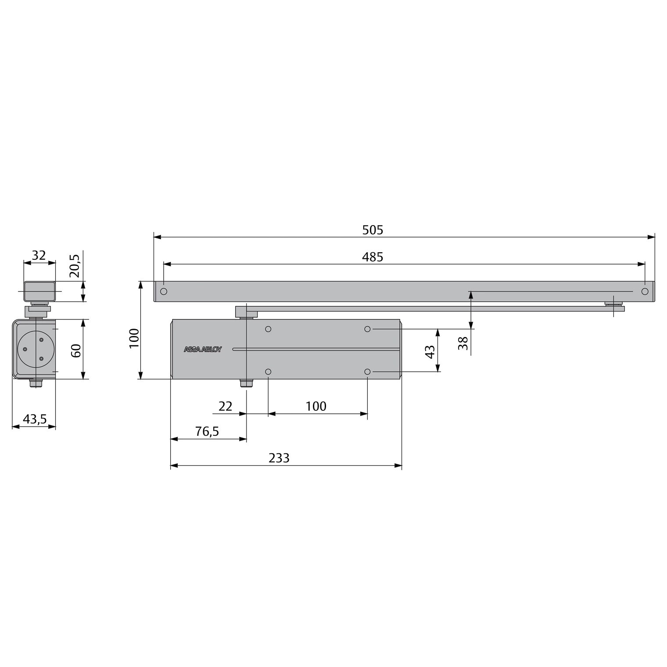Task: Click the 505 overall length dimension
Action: (373, 230)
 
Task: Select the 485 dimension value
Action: (373, 257)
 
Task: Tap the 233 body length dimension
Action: (279, 458)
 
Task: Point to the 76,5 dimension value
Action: (207, 432)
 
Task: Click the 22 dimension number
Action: (225, 406)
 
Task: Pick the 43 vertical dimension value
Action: (430, 351)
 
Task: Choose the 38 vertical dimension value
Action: (463, 343)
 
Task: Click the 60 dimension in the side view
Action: (76, 351)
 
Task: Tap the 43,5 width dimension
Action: (35, 420)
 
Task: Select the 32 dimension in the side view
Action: (39, 255)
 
